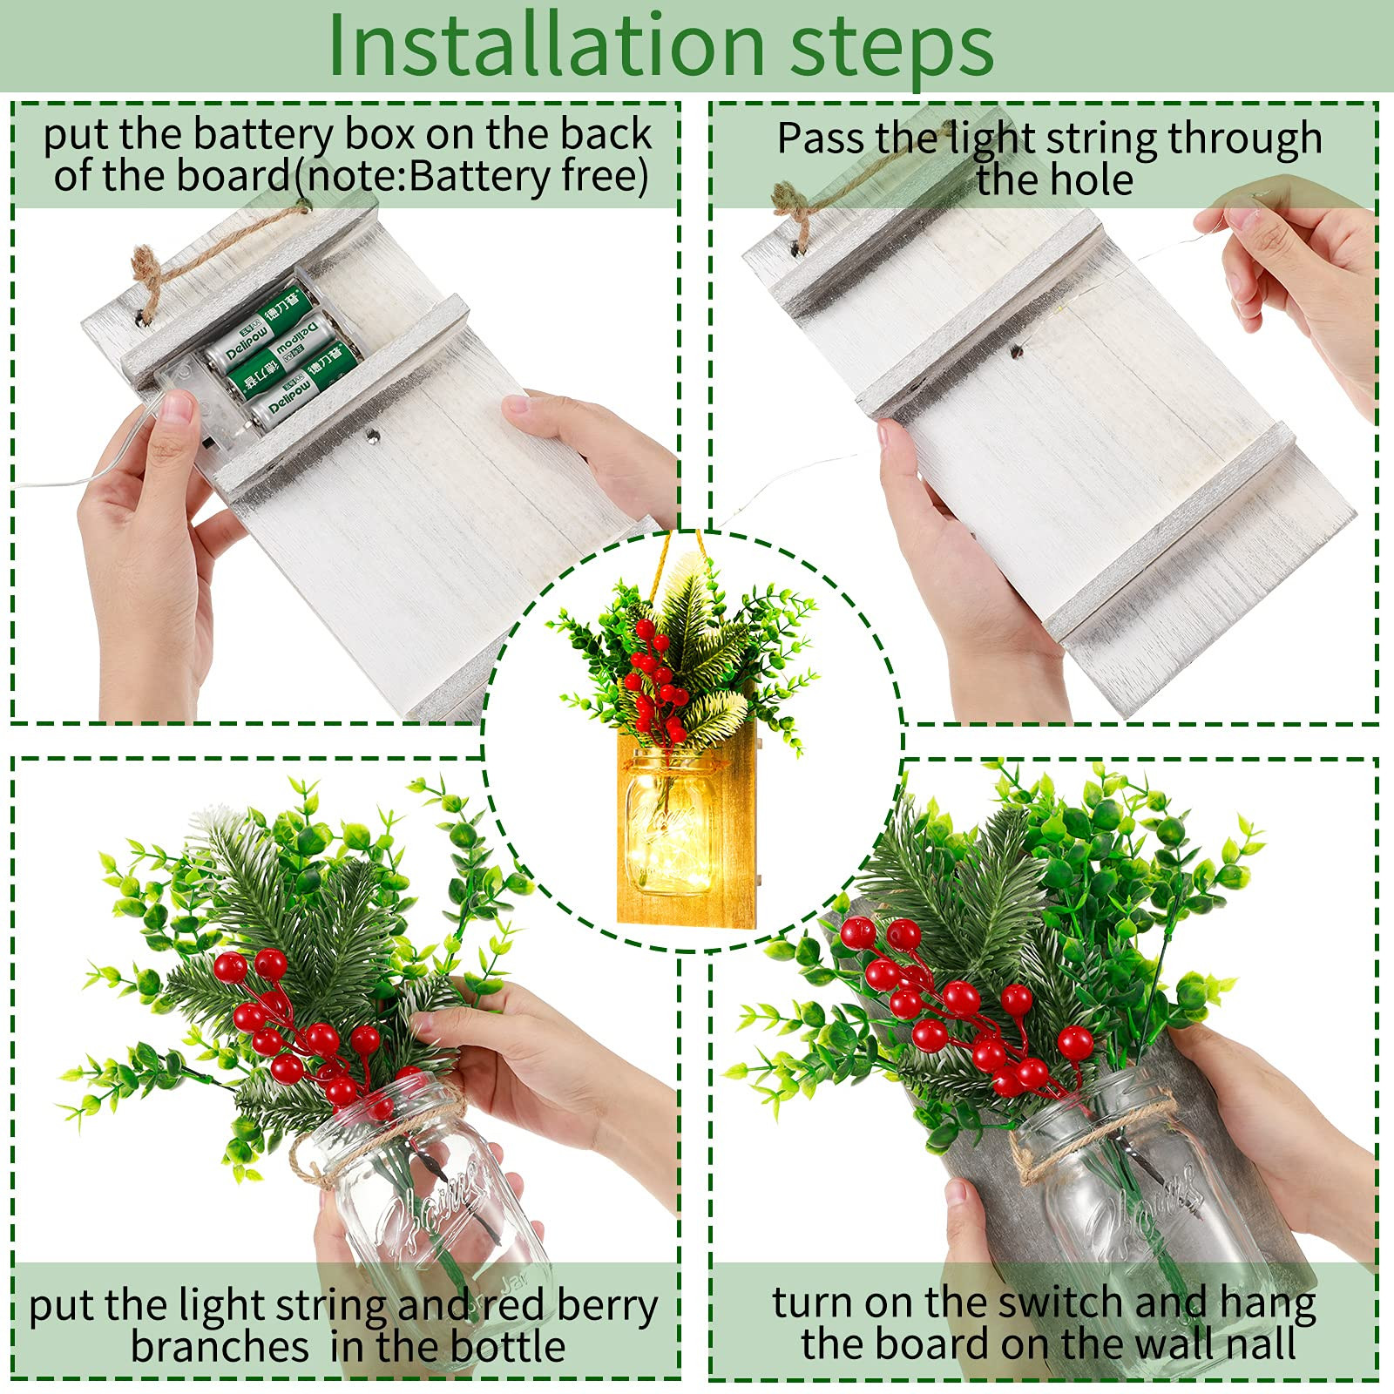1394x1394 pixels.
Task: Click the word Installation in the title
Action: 546,45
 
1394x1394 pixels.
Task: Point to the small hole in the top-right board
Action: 1016,352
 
